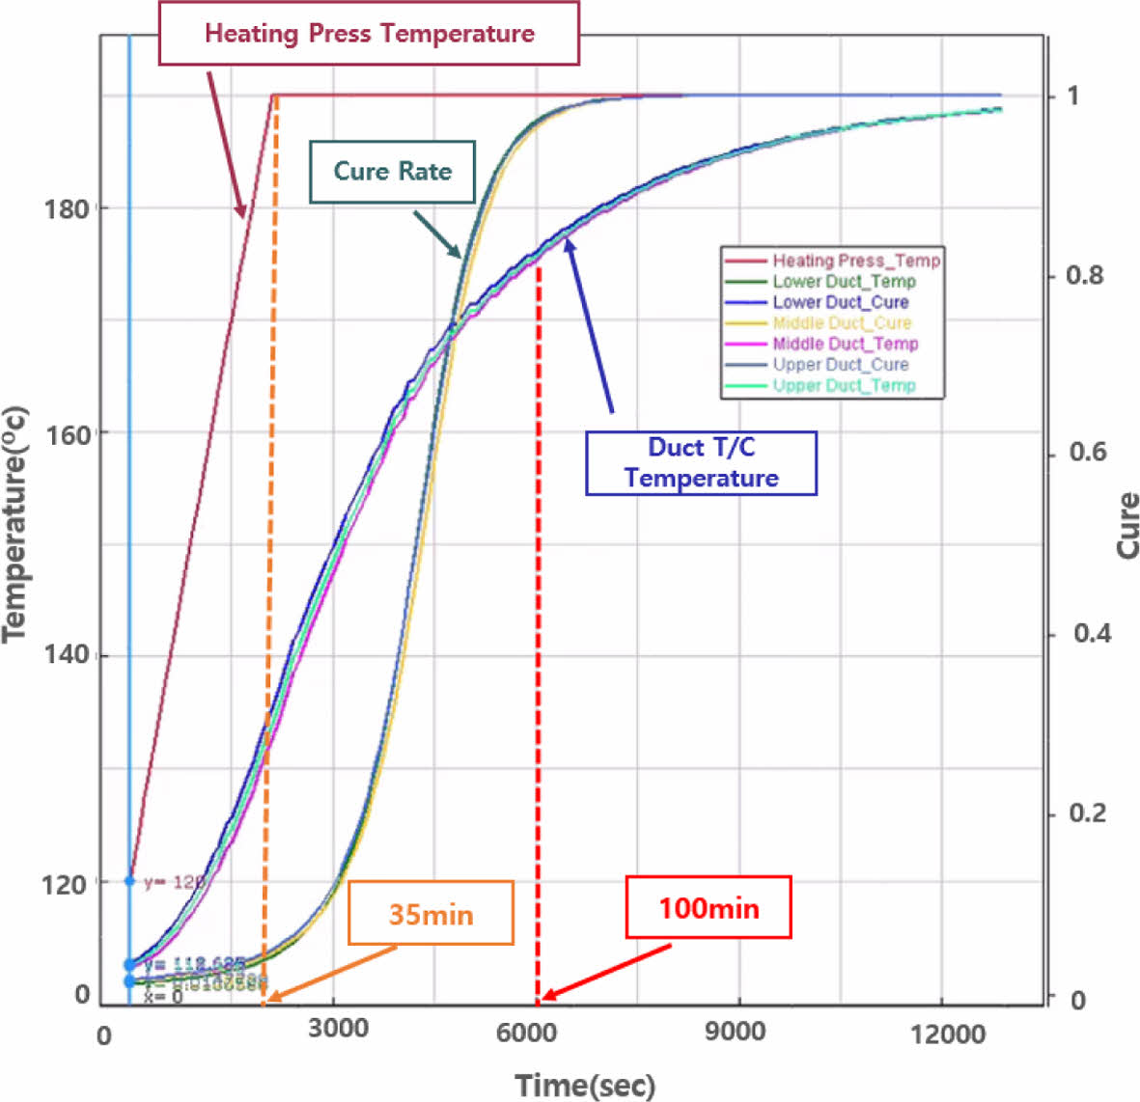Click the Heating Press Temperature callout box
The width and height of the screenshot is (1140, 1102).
369,34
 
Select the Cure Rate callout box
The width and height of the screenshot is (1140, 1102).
392,172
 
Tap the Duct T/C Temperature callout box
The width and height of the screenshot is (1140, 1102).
701,463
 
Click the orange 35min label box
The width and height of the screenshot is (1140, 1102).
431,913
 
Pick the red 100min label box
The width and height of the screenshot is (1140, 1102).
709,907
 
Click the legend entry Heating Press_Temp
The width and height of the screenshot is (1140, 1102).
855,261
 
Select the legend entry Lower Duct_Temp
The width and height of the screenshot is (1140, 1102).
844,282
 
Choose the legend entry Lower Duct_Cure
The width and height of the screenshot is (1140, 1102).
840,302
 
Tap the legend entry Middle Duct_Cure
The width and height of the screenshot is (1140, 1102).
842,323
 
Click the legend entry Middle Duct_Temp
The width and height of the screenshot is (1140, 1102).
845,344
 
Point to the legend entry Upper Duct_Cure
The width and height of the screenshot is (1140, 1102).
840,365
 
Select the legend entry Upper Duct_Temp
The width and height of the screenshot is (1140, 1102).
844,386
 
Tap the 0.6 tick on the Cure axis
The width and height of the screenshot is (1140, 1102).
1087,453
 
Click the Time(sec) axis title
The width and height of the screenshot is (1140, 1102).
585,1085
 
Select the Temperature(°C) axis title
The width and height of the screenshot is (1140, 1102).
15,524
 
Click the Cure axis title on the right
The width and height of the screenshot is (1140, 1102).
1126,526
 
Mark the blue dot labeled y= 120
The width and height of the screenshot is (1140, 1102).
130,881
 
